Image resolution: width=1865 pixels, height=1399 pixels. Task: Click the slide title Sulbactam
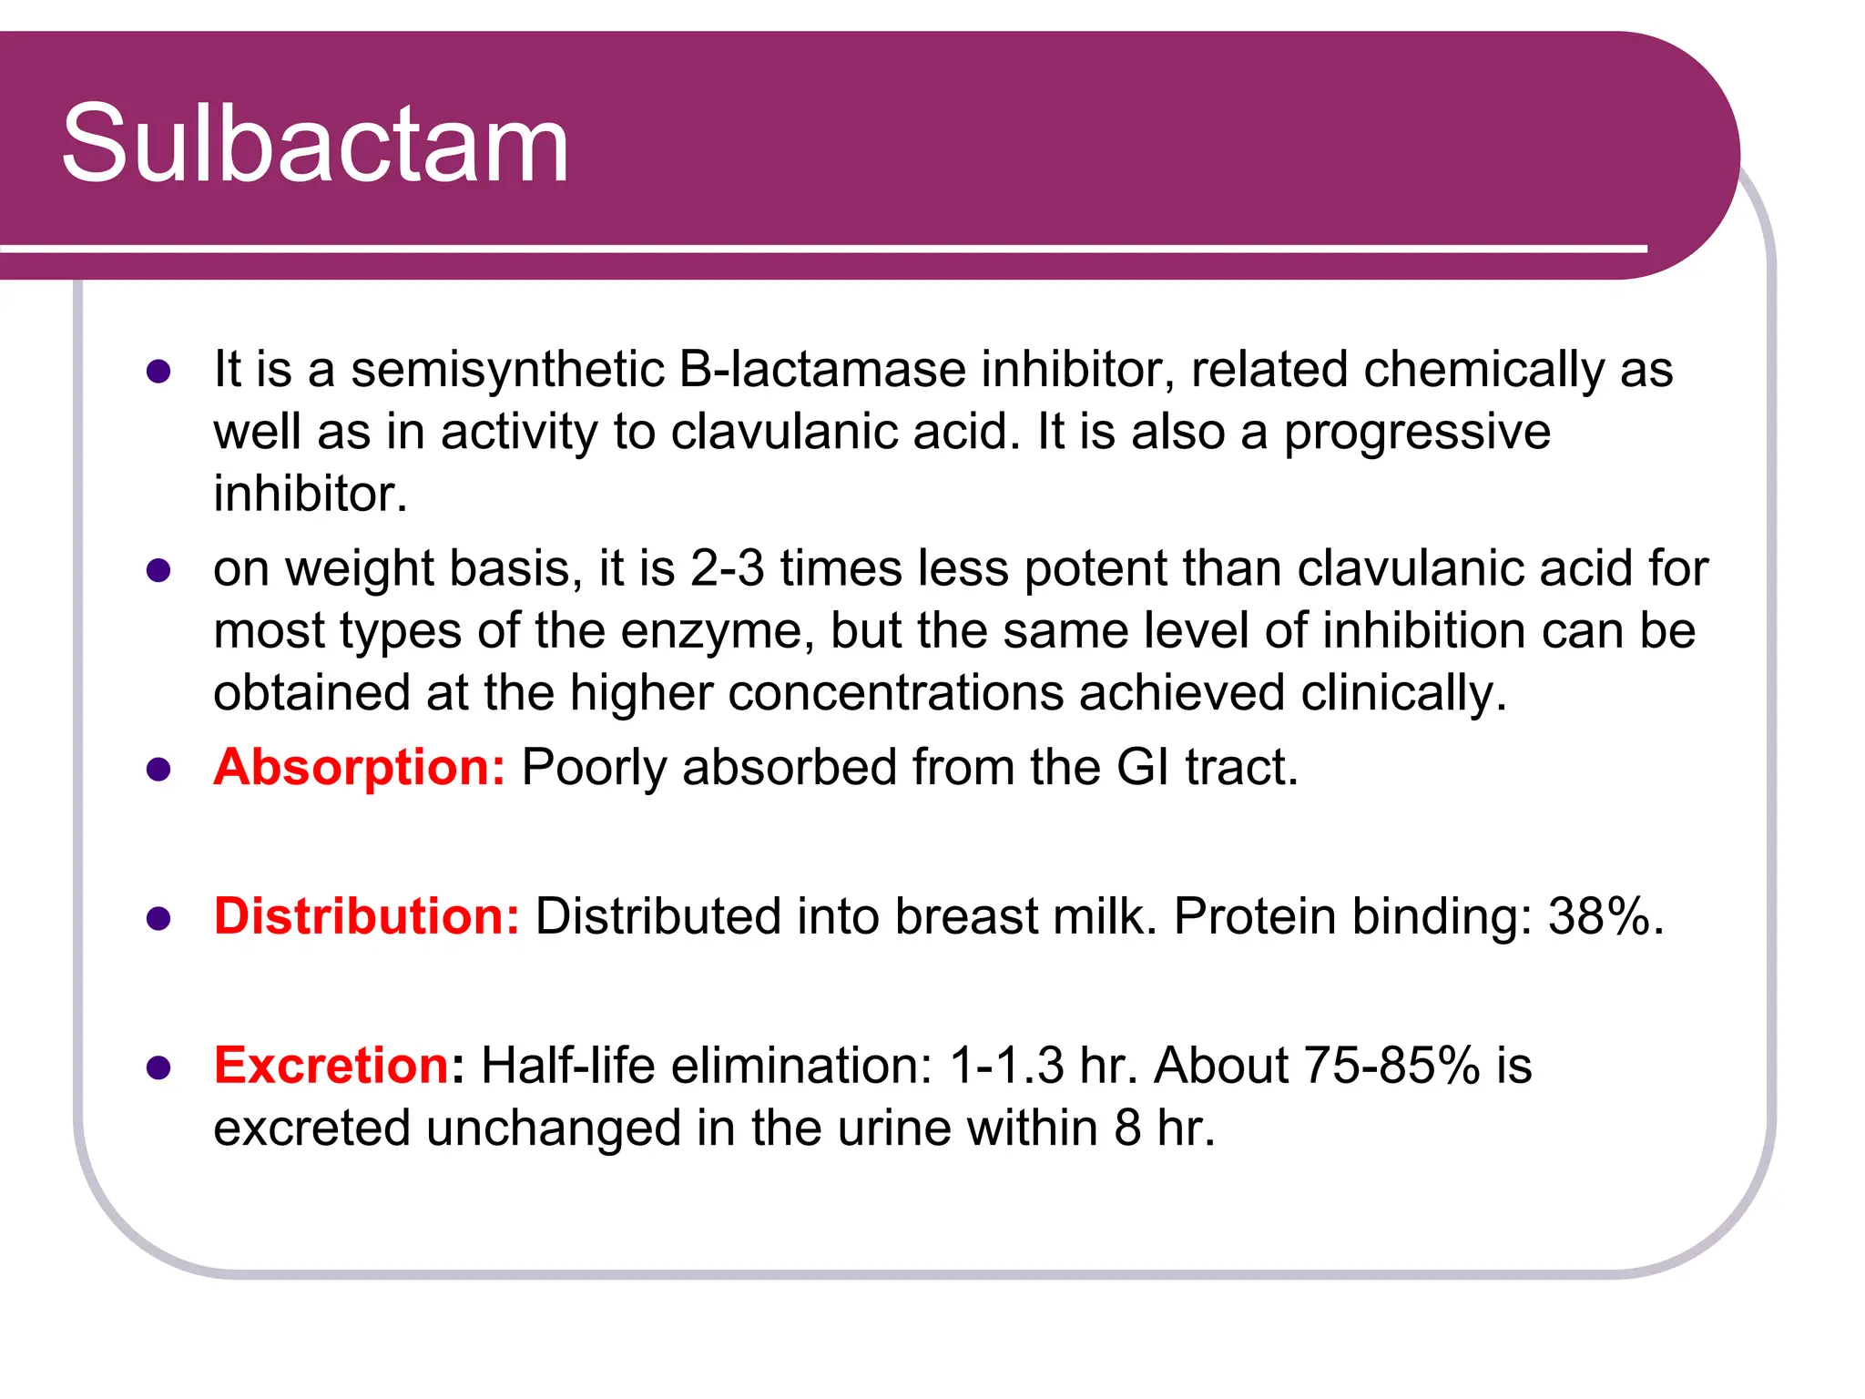[x=315, y=144]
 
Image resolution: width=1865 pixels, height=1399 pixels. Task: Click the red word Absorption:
[x=359, y=767]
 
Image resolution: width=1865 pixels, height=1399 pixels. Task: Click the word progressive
[x=1416, y=432]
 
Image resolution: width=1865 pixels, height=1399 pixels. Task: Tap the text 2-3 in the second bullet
[x=727, y=568]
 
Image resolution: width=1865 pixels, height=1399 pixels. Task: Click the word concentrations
[x=895, y=693]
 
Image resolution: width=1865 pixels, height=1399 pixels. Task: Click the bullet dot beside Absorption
[x=158, y=770]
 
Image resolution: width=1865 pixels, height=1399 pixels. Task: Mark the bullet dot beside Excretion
[x=158, y=1067]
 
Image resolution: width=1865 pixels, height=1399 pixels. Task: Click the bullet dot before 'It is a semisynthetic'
[x=158, y=372]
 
